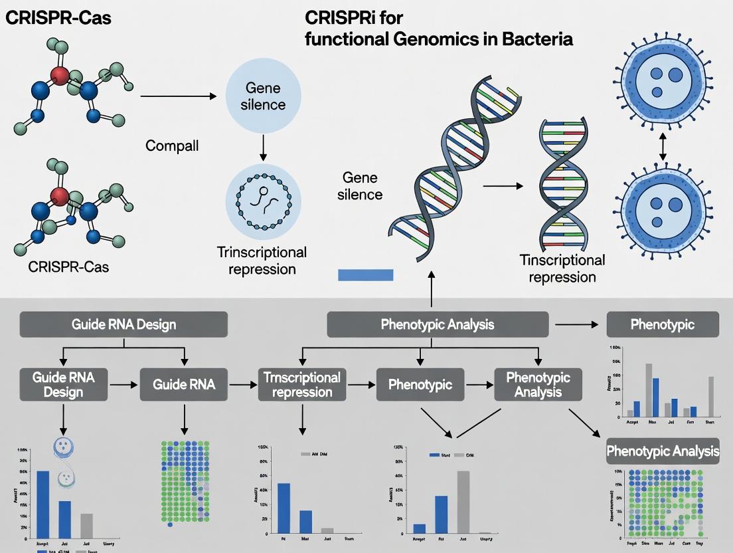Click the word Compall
tap(172, 145)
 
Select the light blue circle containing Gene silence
tap(264, 96)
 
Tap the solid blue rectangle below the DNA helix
tap(366, 275)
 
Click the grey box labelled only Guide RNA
tap(183, 384)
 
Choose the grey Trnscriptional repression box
tap(301, 384)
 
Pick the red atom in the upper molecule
tap(60, 75)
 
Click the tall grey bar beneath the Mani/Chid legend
tap(463, 502)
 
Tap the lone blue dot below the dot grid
tap(171, 525)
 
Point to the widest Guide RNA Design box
tap(124, 324)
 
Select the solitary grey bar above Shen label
tap(711, 396)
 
